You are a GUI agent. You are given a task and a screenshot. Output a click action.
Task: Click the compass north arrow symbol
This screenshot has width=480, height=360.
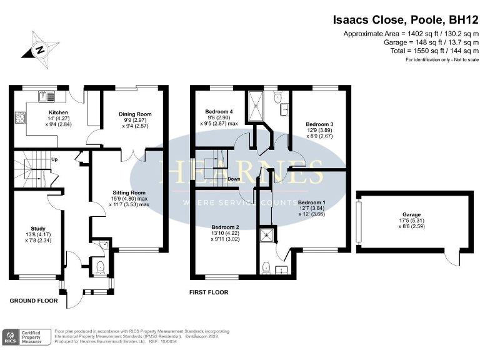pos(40,49)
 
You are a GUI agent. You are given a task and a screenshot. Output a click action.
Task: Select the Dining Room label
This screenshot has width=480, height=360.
pos(135,114)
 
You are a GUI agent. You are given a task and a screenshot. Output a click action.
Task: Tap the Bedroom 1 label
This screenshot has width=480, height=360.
pos(311,202)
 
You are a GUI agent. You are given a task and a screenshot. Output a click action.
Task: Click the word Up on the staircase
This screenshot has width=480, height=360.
pos(55,159)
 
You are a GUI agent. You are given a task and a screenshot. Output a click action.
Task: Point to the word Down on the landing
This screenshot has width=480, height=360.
pos(234,179)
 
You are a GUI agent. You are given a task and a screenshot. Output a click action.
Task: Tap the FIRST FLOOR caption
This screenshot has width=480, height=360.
pos(209,292)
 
